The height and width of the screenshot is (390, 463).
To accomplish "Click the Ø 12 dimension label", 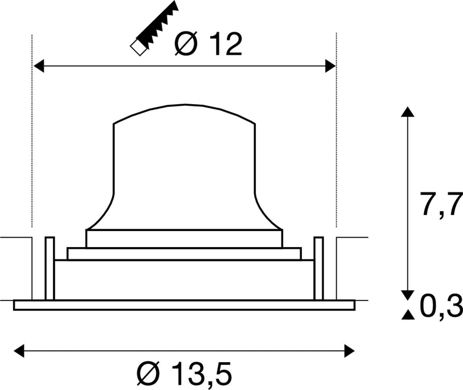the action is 208,44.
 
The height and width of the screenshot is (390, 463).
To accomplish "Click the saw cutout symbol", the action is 155,28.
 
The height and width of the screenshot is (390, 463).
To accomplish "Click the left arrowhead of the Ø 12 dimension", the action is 38,66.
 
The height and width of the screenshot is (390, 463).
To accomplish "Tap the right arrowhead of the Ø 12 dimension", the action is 330,66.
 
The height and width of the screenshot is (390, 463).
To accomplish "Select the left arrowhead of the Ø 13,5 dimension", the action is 19,351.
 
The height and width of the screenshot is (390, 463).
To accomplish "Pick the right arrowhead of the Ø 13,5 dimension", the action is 349,351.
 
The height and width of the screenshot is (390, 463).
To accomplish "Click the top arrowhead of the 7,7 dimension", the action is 408,112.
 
